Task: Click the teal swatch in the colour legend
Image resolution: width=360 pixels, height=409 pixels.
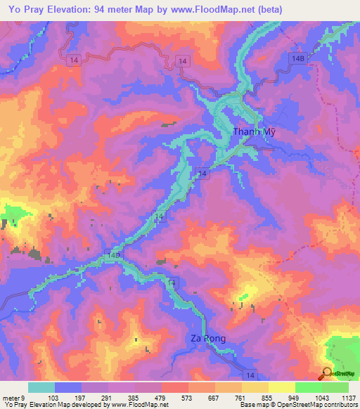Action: coord(41,387)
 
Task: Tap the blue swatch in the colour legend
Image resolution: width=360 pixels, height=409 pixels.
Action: coord(68,387)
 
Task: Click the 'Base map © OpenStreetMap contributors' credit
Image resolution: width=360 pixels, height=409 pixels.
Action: coord(298,405)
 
